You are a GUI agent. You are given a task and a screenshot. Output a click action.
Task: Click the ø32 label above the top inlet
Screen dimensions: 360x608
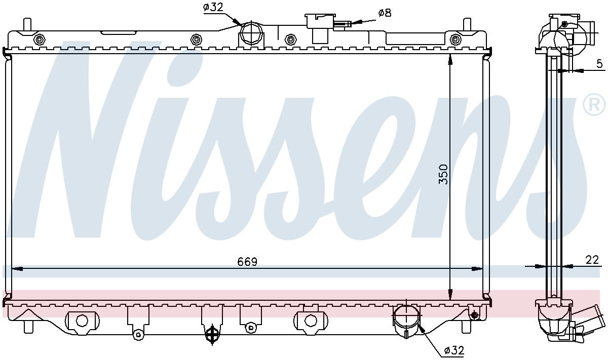(214, 8)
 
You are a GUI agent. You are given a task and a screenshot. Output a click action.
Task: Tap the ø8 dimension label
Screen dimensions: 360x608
(385, 13)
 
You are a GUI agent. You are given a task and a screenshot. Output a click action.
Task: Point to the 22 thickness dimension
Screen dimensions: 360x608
(592, 260)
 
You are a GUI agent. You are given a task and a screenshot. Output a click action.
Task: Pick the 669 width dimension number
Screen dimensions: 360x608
(247, 262)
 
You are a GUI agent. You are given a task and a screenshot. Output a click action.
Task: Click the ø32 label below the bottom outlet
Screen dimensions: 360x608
(454, 349)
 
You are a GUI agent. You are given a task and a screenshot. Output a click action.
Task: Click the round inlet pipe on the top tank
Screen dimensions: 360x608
(251, 33)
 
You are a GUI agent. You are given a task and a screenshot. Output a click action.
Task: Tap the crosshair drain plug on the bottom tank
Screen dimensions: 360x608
(212, 334)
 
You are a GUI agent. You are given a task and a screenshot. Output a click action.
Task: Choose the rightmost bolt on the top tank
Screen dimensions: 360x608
(455, 39)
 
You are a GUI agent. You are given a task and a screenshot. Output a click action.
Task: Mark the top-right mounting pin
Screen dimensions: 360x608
(467, 24)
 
